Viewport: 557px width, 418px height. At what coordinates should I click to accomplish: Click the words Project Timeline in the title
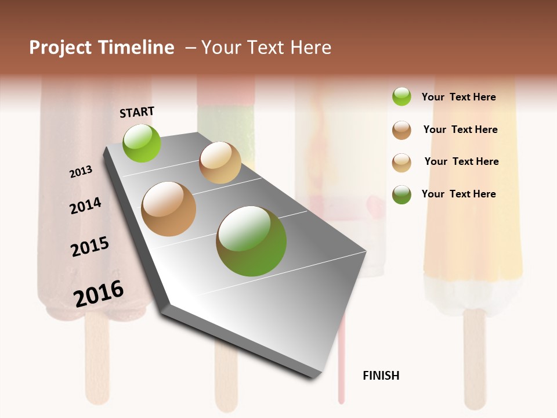pyautogui.click(x=102, y=48)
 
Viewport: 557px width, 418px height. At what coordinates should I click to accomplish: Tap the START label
pyautogui.click(x=137, y=112)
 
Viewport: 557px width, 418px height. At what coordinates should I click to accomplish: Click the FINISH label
pyautogui.click(x=381, y=376)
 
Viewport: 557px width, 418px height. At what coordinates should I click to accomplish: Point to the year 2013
pyautogui.click(x=81, y=172)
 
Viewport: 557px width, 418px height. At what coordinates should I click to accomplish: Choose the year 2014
pyautogui.click(x=85, y=206)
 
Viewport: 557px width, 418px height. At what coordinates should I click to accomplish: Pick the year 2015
pyautogui.click(x=90, y=247)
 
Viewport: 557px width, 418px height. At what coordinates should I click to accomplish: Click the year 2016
pyautogui.click(x=99, y=293)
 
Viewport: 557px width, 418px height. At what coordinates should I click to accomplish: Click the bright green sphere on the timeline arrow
pyautogui.click(x=142, y=143)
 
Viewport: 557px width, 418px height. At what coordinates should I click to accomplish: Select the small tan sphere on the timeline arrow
pyautogui.click(x=220, y=163)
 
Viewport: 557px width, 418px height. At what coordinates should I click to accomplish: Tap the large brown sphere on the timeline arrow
pyautogui.click(x=169, y=209)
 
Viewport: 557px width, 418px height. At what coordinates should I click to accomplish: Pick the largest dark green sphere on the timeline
pyautogui.click(x=251, y=241)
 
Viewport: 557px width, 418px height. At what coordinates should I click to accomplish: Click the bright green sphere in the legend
pyautogui.click(x=402, y=96)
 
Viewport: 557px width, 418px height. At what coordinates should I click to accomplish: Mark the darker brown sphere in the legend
pyautogui.click(x=402, y=130)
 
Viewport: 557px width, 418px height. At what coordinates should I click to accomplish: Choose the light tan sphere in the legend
pyautogui.click(x=402, y=163)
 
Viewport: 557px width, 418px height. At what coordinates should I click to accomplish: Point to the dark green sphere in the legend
pyautogui.click(x=402, y=194)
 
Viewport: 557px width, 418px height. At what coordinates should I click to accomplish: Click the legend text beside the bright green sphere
pyautogui.click(x=459, y=97)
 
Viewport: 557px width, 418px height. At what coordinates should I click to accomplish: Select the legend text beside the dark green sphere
pyautogui.click(x=459, y=194)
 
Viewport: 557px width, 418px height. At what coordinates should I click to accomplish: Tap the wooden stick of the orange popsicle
pyautogui.click(x=474, y=357)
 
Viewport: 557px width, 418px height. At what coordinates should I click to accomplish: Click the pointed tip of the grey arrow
pyautogui.click(x=313, y=377)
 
